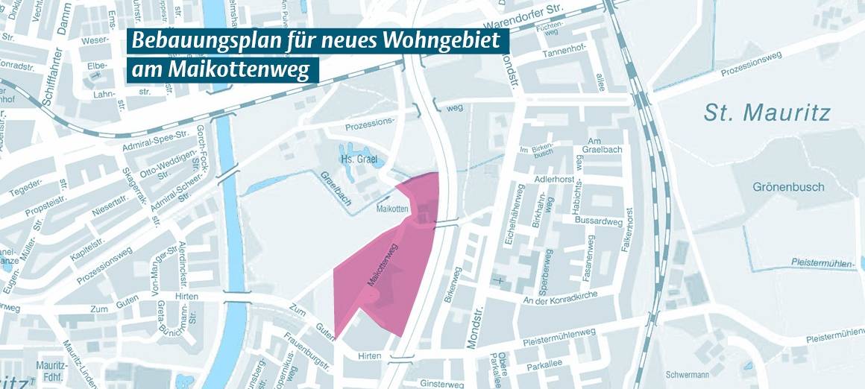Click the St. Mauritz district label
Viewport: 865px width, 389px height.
click(767, 113)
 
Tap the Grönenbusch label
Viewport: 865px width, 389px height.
click(787, 186)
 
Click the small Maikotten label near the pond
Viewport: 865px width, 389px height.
click(393, 209)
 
